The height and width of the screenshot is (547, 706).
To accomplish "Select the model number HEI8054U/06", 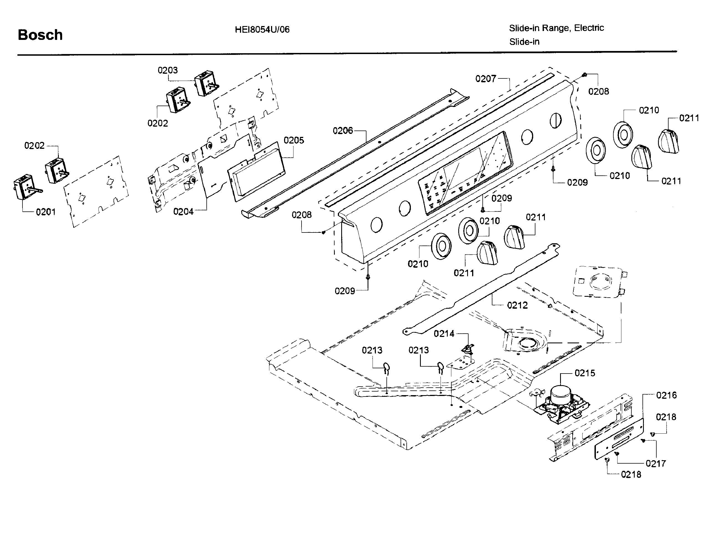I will click(x=262, y=30).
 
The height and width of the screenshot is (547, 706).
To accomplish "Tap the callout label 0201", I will click(x=46, y=212).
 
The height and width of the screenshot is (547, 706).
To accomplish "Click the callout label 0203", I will click(x=168, y=70).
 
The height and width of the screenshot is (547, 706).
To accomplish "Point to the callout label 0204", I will click(x=183, y=211).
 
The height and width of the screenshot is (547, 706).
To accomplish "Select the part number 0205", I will click(x=293, y=140).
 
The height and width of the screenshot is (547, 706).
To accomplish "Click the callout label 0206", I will click(x=343, y=131).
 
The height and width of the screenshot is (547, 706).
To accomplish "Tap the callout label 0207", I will click(x=485, y=78).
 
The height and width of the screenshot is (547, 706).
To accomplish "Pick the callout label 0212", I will click(x=517, y=305).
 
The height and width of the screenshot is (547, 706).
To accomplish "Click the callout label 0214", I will click(x=444, y=334).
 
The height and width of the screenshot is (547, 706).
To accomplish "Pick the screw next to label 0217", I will click(x=643, y=440).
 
